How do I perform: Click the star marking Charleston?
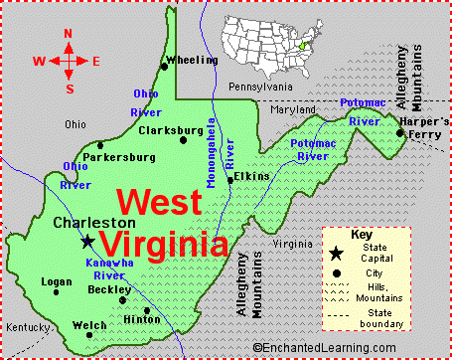pos(87,241)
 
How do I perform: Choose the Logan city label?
pos(57,281)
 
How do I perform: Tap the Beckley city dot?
pos(122,299)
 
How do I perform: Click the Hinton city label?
pos(141,319)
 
